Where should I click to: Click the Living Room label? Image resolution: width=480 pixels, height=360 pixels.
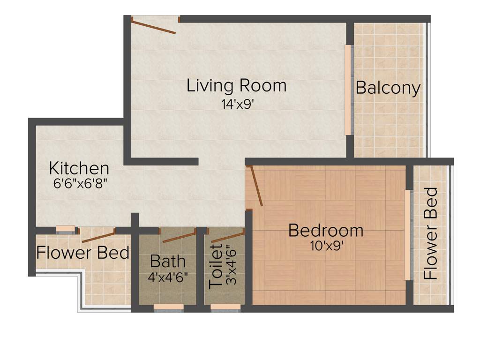pyautogui.click(x=236, y=86)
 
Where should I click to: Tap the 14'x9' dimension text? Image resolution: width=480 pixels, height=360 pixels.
pyautogui.click(x=238, y=105)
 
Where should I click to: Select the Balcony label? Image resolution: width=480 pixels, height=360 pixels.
pyautogui.click(x=388, y=88)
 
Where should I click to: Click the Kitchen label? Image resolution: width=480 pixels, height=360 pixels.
pyautogui.click(x=79, y=168)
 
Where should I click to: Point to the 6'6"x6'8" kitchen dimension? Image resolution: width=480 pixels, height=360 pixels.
pyautogui.click(x=81, y=183)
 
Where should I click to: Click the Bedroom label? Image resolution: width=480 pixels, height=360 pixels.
pyautogui.click(x=325, y=231)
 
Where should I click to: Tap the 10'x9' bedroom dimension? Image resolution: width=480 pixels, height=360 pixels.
pyautogui.click(x=327, y=246)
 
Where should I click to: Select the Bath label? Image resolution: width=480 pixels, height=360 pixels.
pyautogui.click(x=167, y=262)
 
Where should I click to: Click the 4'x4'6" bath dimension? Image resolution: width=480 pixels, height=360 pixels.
pyautogui.click(x=168, y=277)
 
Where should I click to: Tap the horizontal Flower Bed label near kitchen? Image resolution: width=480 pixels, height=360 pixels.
pyautogui.click(x=83, y=253)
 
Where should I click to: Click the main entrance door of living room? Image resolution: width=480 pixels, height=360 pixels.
pyautogui.click(x=154, y=25)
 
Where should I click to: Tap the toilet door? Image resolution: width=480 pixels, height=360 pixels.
pyautogui.click(x=227, y=237)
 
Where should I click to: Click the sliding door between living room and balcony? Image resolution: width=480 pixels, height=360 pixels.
pyautogui.click(x=348, y=90)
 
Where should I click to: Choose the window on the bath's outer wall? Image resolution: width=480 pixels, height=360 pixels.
pyautogui.click(x=168, y=307)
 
